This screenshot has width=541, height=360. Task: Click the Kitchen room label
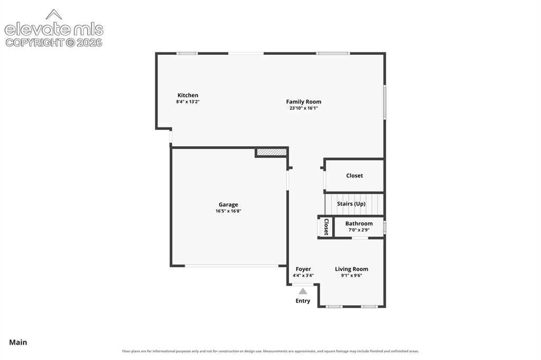(x=188, y=95)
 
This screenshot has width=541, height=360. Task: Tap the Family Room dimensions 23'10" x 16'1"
(x=303, y=108)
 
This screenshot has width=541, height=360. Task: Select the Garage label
(x=228, y=204)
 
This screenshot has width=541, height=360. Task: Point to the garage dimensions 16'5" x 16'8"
(x=228, y=211)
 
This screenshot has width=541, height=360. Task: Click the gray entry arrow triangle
(x=303, y=291)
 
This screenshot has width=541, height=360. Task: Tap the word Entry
(x=303, y=301)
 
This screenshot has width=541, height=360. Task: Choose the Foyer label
(x=303, y=269)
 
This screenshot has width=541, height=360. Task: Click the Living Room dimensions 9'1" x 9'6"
(x=351, y=276)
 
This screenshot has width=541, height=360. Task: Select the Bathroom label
(x=359, y=223)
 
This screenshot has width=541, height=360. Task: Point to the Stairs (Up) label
(x=351, y=204)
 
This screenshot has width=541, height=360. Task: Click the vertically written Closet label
(x=326, y=227)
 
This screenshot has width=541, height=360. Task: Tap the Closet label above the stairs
(x=355, y=176)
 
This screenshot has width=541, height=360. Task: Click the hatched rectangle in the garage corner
(x=272, y=152)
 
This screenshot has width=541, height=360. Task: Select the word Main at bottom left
(x=18, y=342)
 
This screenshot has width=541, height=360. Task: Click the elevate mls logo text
(x=54, y=30)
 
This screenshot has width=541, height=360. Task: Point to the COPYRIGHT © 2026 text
(x=54, y=43)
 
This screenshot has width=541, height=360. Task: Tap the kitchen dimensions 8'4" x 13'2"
(x=188, y=102)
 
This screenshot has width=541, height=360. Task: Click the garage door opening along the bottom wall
(x=231, y=266)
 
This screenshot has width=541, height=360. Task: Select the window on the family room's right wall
(x=385, y=102)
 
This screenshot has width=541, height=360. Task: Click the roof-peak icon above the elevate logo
(x=54, y=14)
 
